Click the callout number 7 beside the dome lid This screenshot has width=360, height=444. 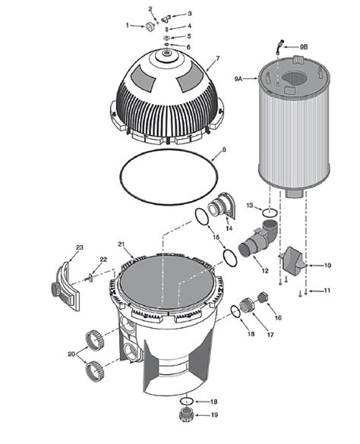[x=218, y=58]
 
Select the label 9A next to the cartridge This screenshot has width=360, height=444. [x=238, y=78]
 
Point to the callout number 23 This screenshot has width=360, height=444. [x=79, y=247]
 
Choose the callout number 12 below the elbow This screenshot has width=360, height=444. [x=265, y=271]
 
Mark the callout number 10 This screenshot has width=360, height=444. [x=328, y=265]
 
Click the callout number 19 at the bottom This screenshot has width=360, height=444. [x=214, y=415]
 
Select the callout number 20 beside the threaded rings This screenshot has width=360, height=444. [x=71, y=354]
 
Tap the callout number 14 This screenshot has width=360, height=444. [x=229, y=228]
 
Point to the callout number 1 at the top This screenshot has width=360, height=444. [x=127, y=25]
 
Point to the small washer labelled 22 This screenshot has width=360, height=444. [x=90, y=277]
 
